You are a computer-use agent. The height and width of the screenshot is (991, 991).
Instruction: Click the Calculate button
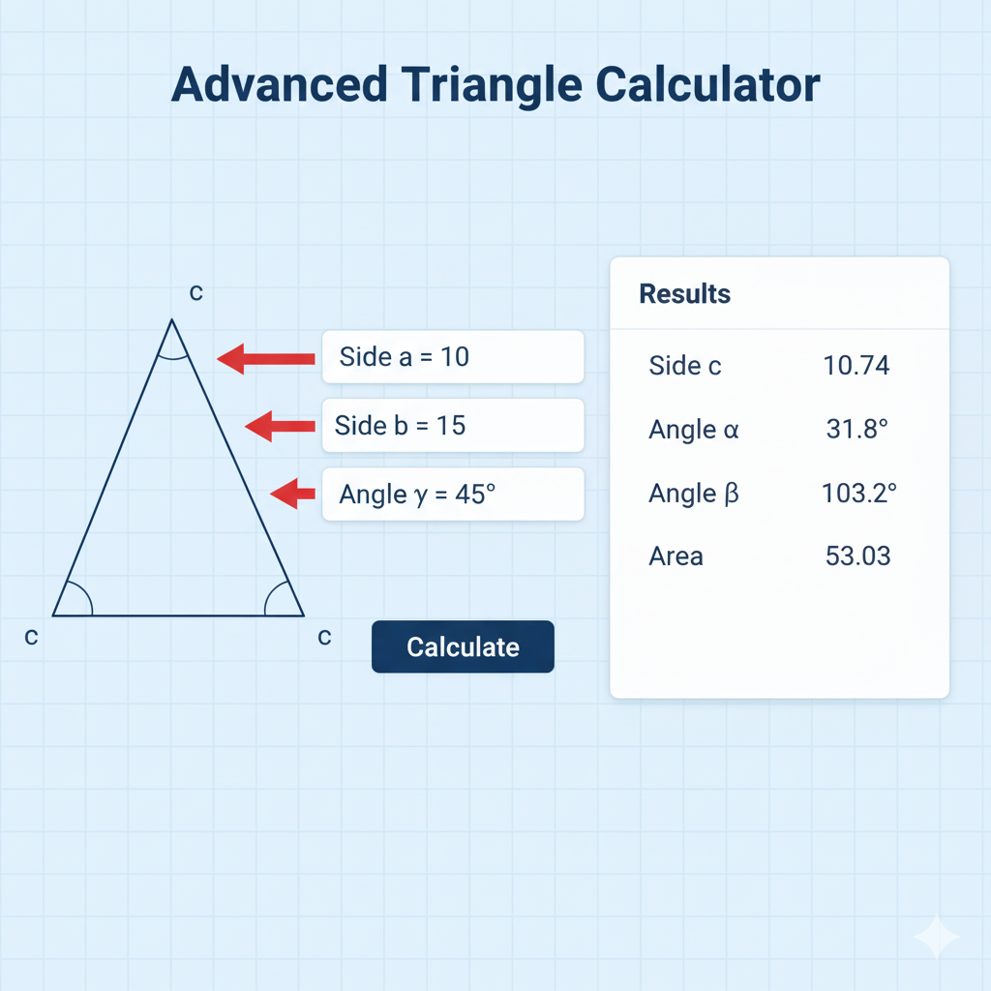click(x=463, y=646)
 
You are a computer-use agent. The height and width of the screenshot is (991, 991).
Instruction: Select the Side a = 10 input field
click(x=453, y=357)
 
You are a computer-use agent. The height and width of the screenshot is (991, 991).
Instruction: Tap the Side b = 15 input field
click(x=453, y=426)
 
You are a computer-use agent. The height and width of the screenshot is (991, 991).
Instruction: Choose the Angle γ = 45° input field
click(x=453, y=495)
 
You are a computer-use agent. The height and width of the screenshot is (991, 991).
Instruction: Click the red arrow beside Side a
click(x=266, y=359)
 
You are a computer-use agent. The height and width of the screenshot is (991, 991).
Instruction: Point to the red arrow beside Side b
click(x=280, y=426)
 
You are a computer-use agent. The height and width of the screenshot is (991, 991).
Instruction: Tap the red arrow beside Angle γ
click(x=292, y=494)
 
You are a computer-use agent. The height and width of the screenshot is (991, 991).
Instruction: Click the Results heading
click(x=684, y=294)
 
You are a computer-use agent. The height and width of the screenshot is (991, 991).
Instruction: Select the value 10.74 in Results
click(x=856, y=365)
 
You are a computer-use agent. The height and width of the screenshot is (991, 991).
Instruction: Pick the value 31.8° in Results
click(x=857, y=429)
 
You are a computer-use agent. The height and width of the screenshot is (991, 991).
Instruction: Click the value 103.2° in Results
click(x=859, y=493)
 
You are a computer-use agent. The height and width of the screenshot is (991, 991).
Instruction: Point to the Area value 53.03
click(x=857, y=556)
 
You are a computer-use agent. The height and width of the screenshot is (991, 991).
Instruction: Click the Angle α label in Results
click(x=693, y=431)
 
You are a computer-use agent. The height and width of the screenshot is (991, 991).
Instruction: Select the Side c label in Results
click(x=685, y=366)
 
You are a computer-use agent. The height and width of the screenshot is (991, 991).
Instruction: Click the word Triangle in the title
click(x=491, y=86)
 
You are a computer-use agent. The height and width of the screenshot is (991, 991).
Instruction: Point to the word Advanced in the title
click(x=279, y=85)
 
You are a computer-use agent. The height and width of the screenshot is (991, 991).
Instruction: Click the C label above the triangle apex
click(x=195, y=292)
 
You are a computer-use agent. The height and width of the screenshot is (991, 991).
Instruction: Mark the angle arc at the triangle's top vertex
click(x=172, y=358)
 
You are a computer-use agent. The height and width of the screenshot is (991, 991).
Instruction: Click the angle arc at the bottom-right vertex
click(x=270, y=593)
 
